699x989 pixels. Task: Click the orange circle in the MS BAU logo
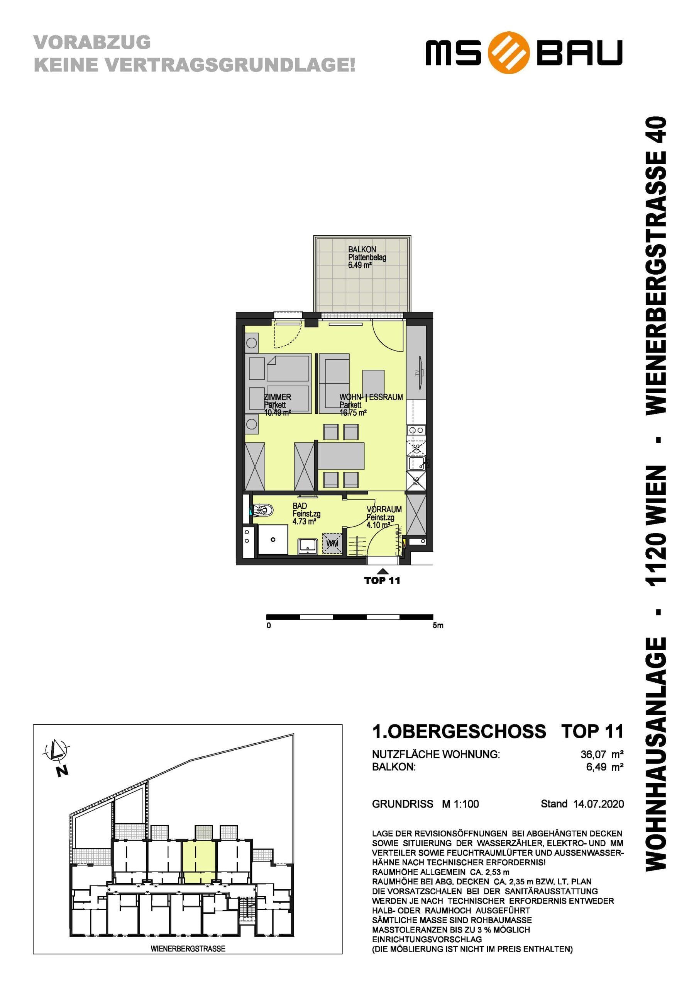click(508, 53)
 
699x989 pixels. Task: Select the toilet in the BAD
click(262, 511)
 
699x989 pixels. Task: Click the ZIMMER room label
click(278, 397)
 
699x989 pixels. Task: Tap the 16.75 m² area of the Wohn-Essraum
click(353, 413)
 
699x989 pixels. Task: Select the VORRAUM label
click(384, 509)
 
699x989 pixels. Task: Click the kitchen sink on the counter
click(416, 464)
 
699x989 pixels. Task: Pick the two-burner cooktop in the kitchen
click(416, 430)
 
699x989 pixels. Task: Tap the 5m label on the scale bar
click(438, 625)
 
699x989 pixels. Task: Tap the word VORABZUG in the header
click(92, 42)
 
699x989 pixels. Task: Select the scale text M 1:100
click(460, 804)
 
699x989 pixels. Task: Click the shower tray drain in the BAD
click(273, 539)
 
